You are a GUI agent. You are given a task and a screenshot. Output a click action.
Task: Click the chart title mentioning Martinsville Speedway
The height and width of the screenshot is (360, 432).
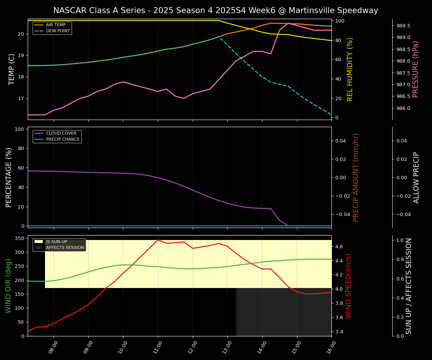216,10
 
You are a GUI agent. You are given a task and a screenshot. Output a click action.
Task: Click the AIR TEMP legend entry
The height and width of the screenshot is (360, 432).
56,25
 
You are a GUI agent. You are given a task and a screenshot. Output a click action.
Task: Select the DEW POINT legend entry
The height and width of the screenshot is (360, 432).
58,31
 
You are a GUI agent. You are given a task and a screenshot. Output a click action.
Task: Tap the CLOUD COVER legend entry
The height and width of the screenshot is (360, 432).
61,133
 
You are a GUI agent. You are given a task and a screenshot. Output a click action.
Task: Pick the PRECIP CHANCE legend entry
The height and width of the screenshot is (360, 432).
63,139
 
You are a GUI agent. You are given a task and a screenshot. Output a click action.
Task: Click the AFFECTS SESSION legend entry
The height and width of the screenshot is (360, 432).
65,247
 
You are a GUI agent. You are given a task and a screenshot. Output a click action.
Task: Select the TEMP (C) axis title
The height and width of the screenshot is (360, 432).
12,69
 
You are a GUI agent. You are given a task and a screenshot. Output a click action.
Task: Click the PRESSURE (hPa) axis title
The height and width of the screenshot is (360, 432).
415,69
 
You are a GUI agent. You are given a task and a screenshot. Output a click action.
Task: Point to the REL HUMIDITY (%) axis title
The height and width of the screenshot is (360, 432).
350,69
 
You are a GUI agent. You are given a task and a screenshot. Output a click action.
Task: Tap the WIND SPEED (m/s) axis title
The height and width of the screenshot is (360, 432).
349,286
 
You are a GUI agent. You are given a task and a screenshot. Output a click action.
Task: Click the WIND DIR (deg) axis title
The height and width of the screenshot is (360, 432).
8,286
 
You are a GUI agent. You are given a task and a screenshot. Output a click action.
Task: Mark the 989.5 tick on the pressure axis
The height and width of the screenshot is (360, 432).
403,26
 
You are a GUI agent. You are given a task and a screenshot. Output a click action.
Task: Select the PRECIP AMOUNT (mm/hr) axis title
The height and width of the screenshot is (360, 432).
356,177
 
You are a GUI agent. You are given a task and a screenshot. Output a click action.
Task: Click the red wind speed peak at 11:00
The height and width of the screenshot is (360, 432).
158,240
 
